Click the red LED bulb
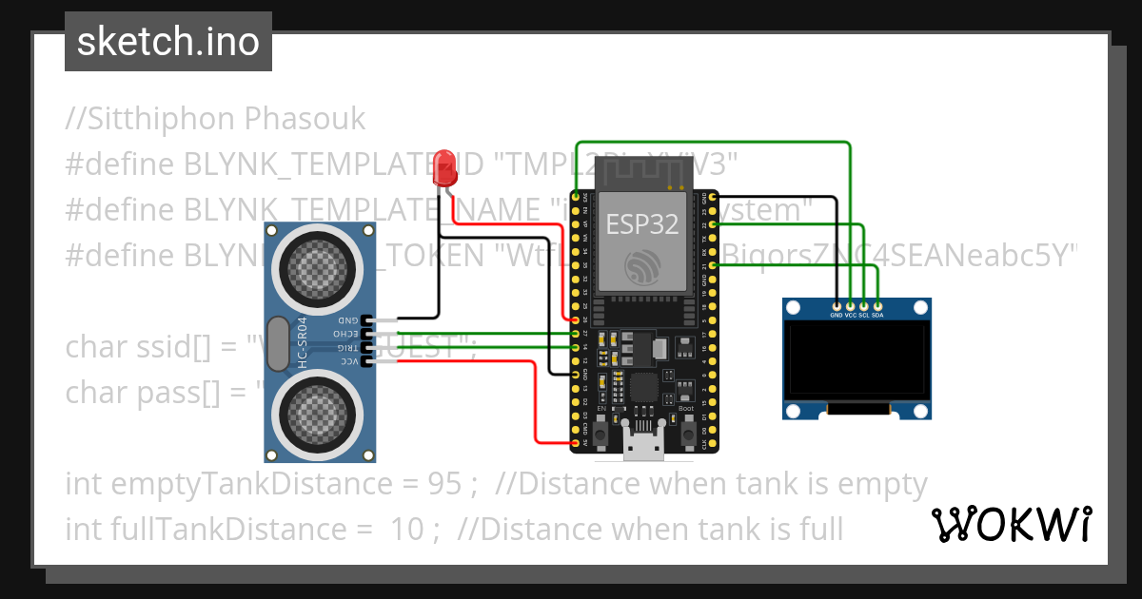click(443, 168)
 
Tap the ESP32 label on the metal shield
click(642, 223)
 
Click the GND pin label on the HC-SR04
click(346, 321)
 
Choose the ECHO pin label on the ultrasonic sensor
click(346, 335)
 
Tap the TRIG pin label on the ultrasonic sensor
click(346, 349)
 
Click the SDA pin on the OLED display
click(877, 306)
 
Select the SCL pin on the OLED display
click(863, 306)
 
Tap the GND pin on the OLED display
click(837, 306)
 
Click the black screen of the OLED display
click(856, 359)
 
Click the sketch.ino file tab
click(168, 42)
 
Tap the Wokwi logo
click(1011, 524)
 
